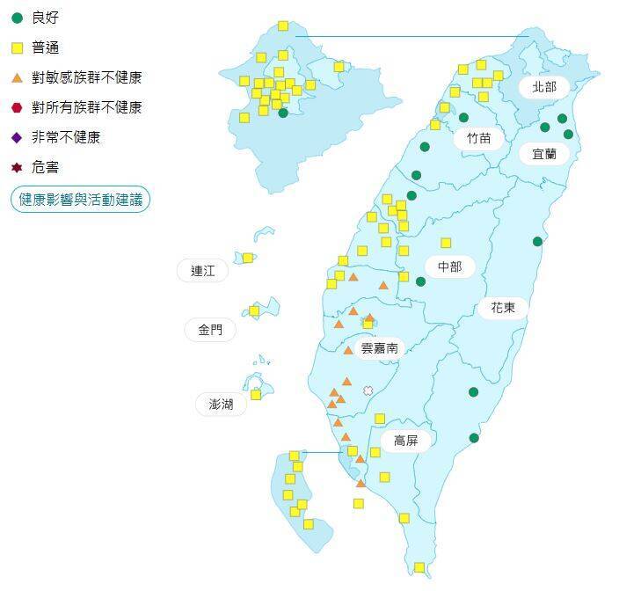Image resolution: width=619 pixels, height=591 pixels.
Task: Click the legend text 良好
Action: [x=46, y=18]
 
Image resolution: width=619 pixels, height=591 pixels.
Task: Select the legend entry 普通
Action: [x=46, y=47]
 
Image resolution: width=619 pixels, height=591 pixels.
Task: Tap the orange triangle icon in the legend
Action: [x=17, y=78]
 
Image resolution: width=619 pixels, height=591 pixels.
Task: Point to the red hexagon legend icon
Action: [x=17, y=108]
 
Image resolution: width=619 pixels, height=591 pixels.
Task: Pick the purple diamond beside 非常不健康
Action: [x=17, y=137]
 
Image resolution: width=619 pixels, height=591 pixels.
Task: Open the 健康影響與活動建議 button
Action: [x=80, y=200]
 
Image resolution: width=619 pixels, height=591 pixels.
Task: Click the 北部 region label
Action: [x=544, y=86]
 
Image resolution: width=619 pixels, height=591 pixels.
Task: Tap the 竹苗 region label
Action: [x=479, y=137]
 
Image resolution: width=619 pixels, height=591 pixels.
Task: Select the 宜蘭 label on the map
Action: [x=544, y=154]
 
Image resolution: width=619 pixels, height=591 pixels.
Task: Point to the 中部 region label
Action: [x=449, y=266]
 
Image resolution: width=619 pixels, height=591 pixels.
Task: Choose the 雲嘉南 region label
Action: [x=380, y=348]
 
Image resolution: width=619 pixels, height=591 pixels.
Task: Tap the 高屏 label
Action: [x=405, y=441]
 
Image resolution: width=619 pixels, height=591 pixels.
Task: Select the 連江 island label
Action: [x=203, y=271]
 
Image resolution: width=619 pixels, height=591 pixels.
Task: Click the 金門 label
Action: [x=210, y=331]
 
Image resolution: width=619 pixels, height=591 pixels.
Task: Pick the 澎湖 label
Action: [x=222, y=405]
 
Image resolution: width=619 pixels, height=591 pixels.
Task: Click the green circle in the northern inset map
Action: [x=283, y=113]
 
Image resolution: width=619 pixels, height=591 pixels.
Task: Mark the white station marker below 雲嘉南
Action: [x=368, y=390]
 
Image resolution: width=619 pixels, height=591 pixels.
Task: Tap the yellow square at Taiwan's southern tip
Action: [x=419, y=567]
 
